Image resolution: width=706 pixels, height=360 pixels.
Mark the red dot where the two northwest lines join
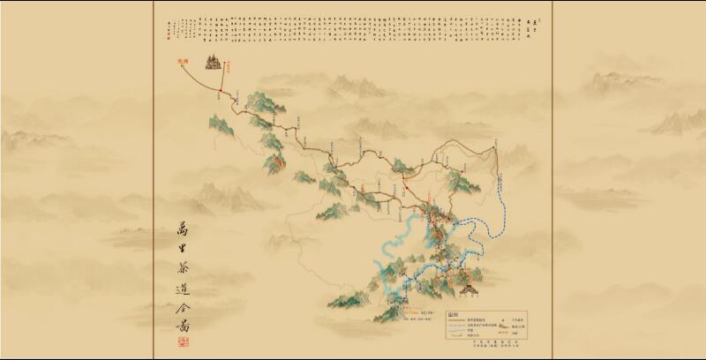(220, 89)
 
